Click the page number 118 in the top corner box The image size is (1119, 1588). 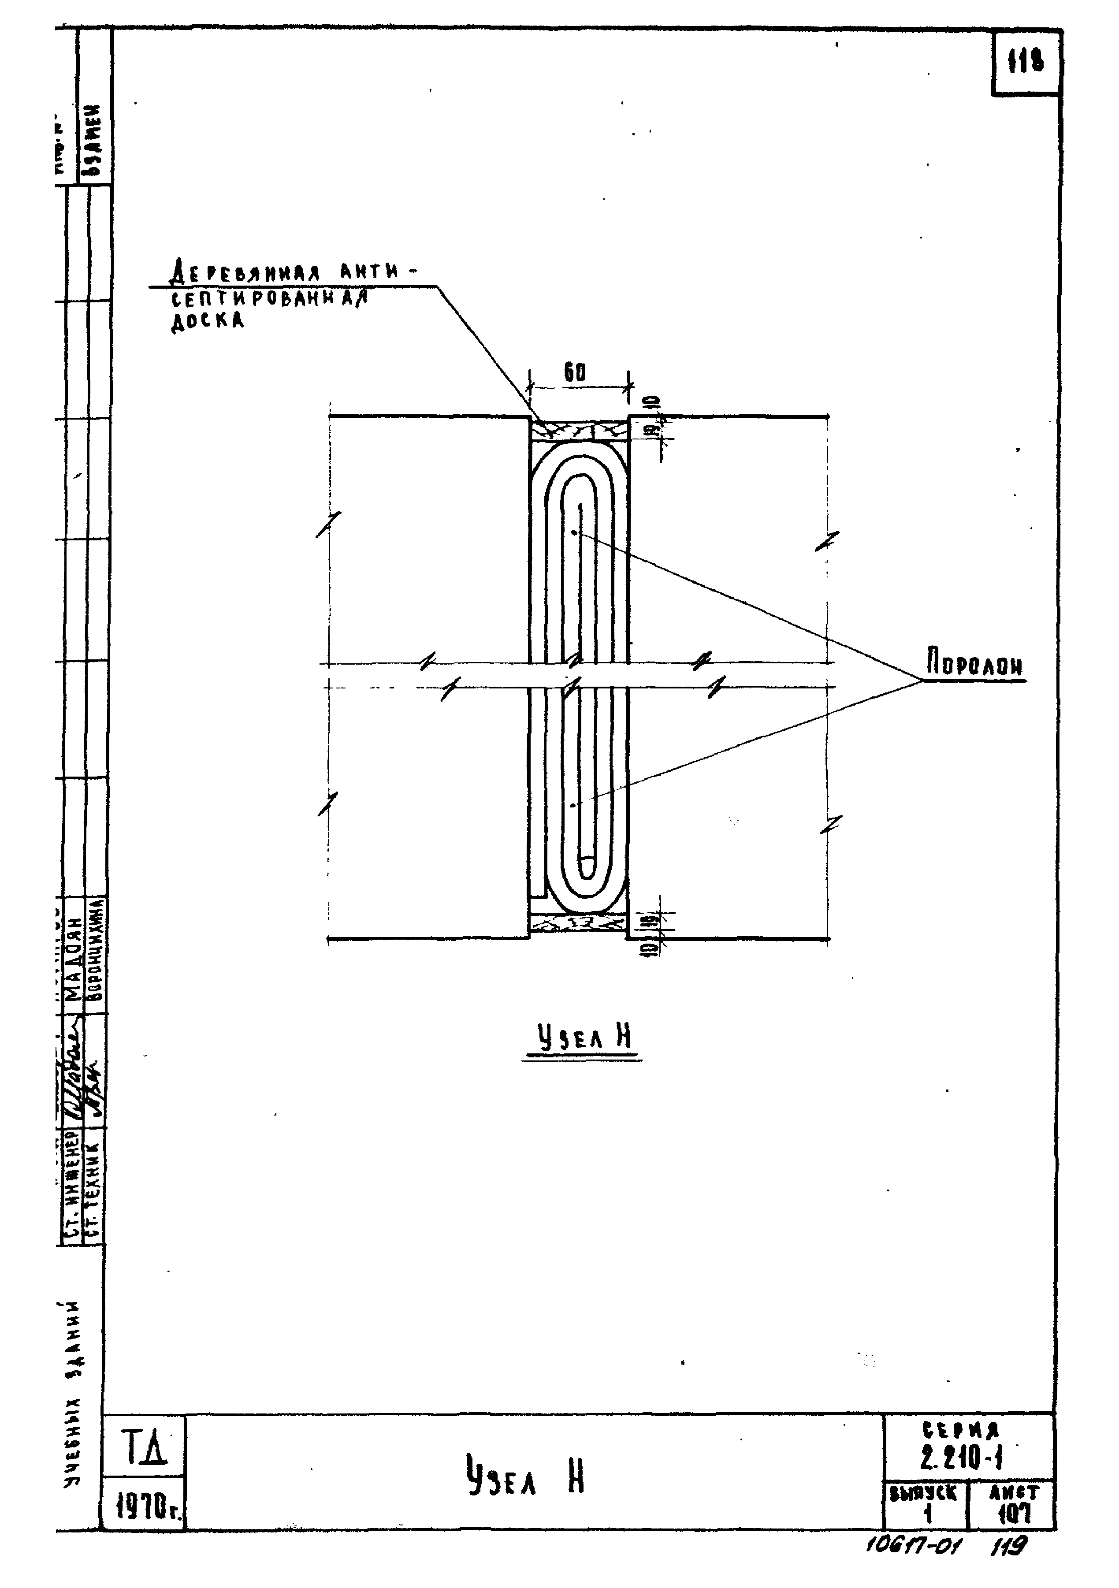(x=1026, y=63)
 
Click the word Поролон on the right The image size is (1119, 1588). (x=975, y=666)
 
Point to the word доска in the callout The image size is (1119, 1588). (x=208, y=321)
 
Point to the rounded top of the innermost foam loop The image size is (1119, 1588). (x=580, y=486)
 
